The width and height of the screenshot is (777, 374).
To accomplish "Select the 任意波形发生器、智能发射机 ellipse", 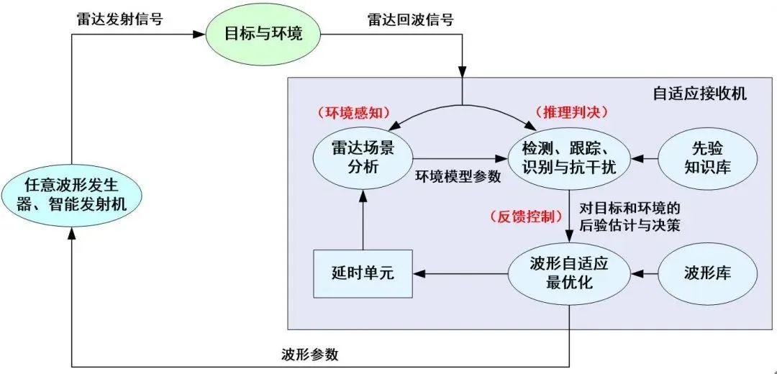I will tap(71, 194).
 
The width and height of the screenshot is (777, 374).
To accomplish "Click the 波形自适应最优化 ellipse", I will tap(569, 273).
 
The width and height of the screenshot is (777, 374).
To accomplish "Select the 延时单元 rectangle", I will tap(362, 273).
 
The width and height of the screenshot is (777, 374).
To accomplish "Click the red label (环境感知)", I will tap(353, 113).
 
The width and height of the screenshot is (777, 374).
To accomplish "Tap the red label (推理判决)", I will tap(572, 112).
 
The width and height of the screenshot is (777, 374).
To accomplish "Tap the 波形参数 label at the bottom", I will tap(310, 355).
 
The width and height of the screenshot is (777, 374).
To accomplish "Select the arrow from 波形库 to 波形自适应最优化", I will tap(644, 273).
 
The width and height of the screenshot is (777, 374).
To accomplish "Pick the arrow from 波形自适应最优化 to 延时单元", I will tap(460, 273).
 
